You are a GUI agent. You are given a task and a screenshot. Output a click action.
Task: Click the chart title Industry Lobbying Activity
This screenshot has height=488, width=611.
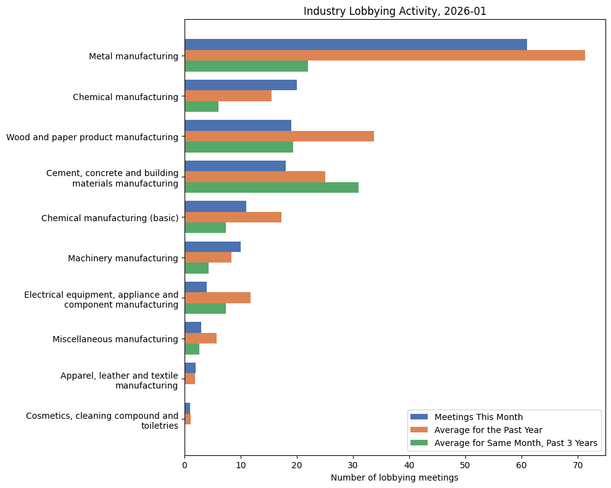pos(394,11)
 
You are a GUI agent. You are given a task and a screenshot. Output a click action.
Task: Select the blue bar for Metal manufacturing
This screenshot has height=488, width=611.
pos(355,44)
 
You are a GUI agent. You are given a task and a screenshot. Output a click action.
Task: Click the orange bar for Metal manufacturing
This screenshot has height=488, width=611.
pos(384,56)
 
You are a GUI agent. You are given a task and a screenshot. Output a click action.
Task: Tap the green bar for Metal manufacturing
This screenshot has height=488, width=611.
pos(246,66)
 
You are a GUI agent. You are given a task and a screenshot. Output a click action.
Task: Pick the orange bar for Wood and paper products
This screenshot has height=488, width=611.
pos(279,137)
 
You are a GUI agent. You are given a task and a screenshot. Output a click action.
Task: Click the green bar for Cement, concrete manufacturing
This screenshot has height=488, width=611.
pos(272,187)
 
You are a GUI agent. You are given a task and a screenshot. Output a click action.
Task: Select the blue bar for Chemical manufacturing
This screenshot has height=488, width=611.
pos(241,85)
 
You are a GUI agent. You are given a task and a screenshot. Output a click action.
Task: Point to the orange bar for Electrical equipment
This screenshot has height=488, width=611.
pos(217,298)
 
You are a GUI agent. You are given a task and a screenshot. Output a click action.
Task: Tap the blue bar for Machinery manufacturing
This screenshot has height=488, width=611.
pos(212,247)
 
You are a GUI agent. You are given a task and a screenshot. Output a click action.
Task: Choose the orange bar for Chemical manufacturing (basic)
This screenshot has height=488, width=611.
pos(233,217)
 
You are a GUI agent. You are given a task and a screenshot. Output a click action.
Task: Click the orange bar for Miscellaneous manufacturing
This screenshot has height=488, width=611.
pos(201,338)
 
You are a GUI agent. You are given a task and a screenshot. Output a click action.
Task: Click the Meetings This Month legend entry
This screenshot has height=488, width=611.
pos(478,416)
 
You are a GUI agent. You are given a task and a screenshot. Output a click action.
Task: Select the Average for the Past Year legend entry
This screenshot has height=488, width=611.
pos(488,429)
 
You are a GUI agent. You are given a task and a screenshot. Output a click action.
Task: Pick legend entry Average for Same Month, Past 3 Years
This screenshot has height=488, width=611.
pos(515,442)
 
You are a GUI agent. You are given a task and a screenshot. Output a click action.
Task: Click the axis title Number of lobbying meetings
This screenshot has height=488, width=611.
pos(394,477)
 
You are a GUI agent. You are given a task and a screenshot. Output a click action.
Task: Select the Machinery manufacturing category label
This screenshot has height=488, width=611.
pos(123,258)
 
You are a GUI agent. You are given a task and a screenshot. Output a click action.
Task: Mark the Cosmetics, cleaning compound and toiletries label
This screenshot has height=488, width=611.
pos(102,420)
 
